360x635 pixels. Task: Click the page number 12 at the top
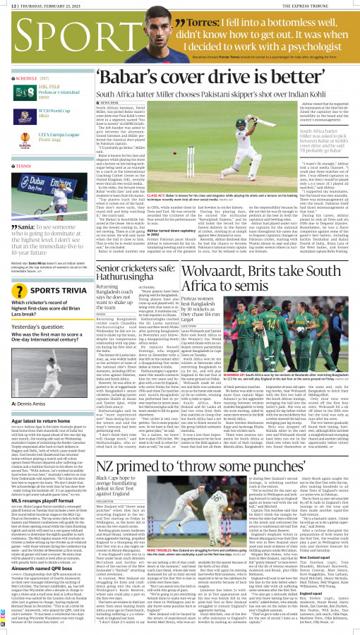pyautogui.click(x=7, y=4)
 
